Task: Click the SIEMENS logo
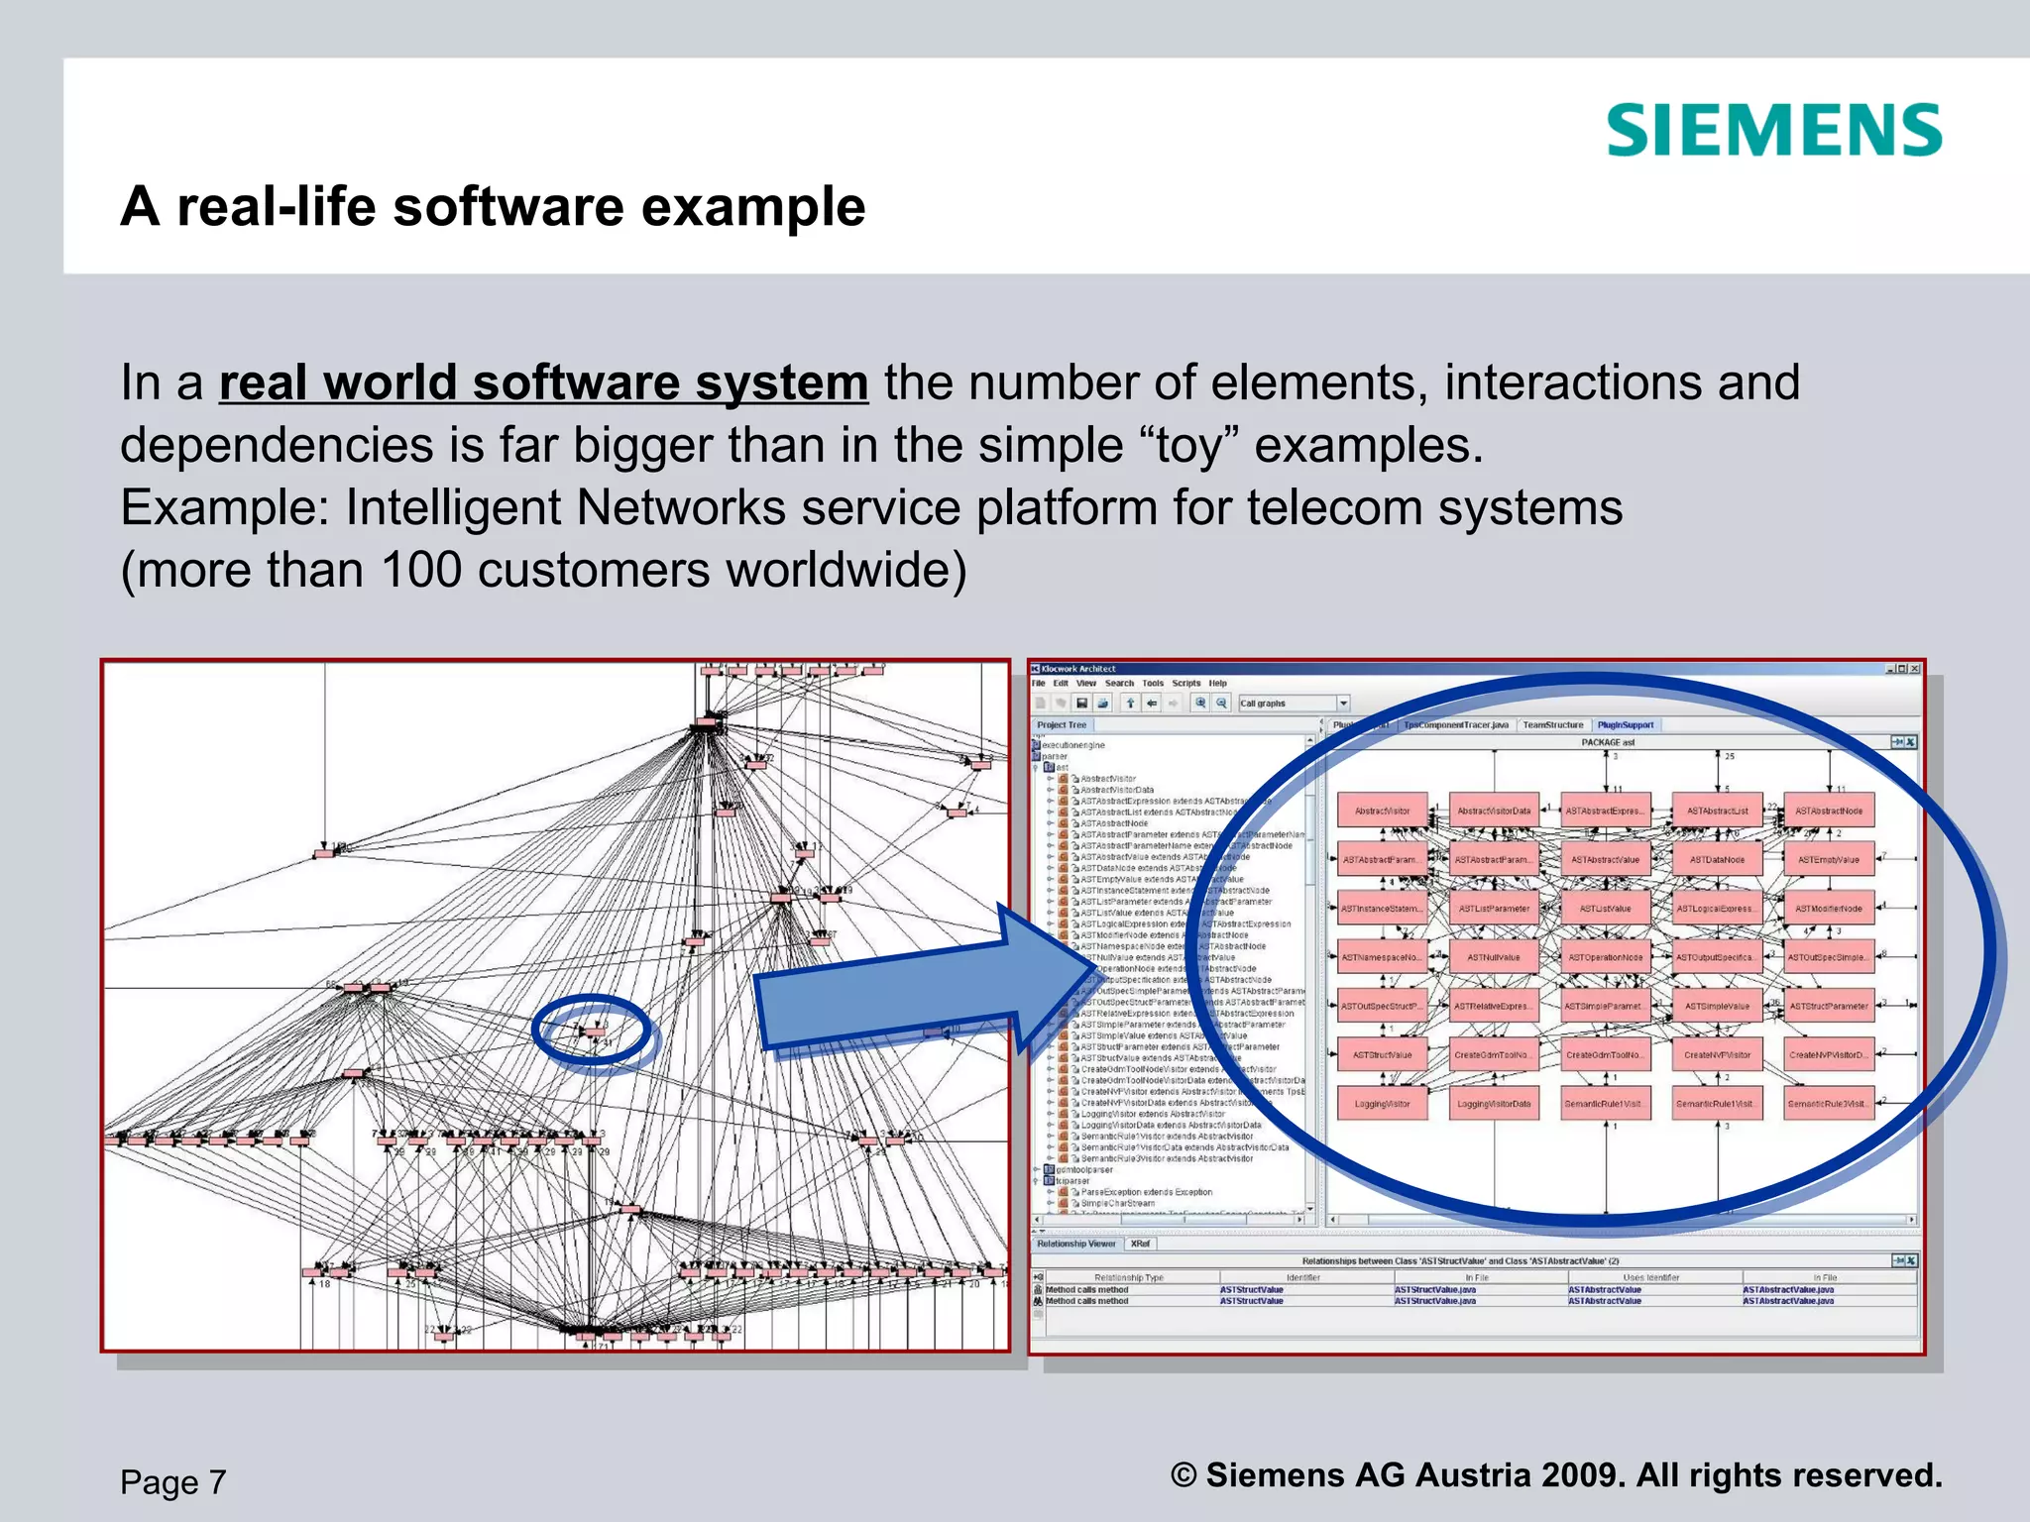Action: pos(1773,131)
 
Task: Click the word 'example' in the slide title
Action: pos(753,207)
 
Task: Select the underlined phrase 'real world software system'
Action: pos(543,383)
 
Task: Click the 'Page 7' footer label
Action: pos(173,1482)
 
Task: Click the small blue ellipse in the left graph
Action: pos(592,1031)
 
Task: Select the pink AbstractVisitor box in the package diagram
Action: pos(1382,811)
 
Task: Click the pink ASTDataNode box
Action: pos(1717,860)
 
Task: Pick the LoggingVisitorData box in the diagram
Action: pos(1494,1104)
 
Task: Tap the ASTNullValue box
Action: pos(1494,957)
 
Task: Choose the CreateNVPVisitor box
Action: pos(1717,1055)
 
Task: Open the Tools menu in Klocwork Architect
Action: pos(1153,683)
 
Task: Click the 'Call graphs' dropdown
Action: pos(1293,704)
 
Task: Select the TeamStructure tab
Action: pos(1552,725)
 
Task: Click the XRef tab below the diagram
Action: pos(1141,1244)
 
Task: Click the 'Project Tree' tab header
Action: pos(1062,725)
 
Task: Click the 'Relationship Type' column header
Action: pos(1128,1278)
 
